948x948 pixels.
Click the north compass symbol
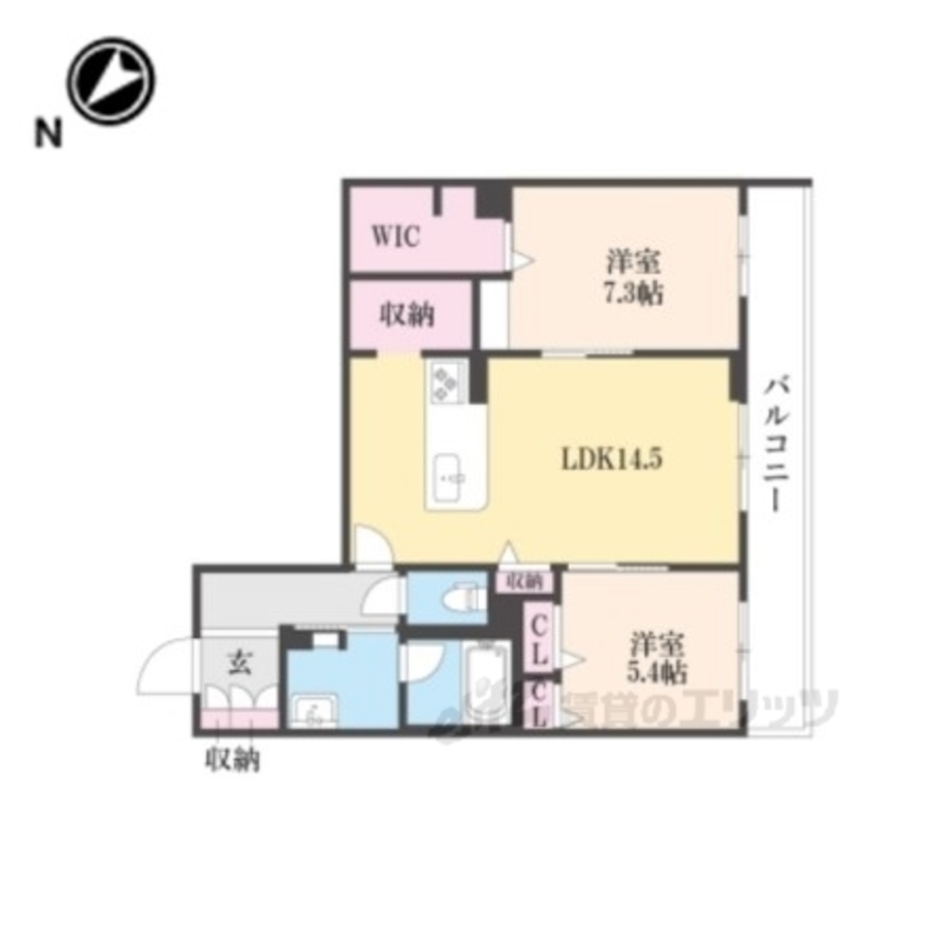coord(111,81)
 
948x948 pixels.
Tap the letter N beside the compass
coord(48,132)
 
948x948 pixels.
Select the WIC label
coord(395,236)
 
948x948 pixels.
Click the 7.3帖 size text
coord(633,294)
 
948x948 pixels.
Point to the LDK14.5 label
coord(611,459)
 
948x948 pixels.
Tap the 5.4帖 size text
coord(657,672)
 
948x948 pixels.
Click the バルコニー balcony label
coord(777,445)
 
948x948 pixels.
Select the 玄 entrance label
coord(239,664)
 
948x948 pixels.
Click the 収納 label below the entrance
coord(233,758)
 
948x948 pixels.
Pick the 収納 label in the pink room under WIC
coord(407,315)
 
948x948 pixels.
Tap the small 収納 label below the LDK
coord(524,582)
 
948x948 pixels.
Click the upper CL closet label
coord(539,640)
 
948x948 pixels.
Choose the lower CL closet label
coord(539,706)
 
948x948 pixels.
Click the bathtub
coord(486,681)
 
